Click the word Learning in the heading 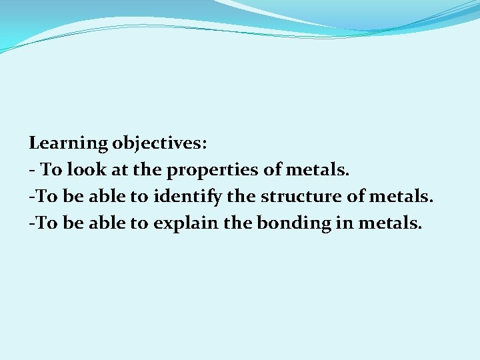pos(69,143)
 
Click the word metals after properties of pos(317,170)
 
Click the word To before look pos(51,170)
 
